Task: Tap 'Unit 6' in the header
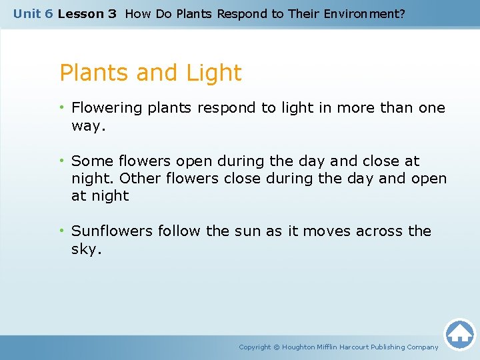[x=33, y=13]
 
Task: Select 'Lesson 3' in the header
[x=87, y=13]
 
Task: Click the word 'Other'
[x=140, y=179]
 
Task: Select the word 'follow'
[x=179, y=231]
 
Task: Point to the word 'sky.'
[x=87, y=249]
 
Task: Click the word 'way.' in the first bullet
[x=89, y=126]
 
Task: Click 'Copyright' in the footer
[x=255, y=347]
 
